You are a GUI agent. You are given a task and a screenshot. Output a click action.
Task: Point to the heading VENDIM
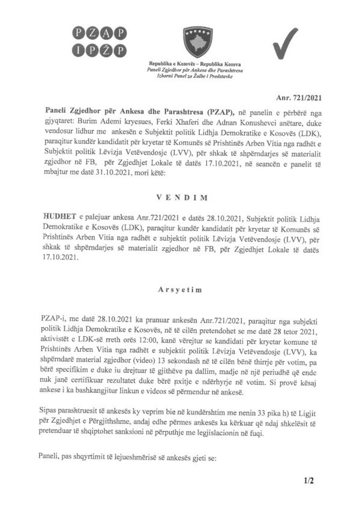click(x=181, y=197)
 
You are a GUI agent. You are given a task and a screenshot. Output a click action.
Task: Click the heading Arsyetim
click(x=180, y=289)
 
